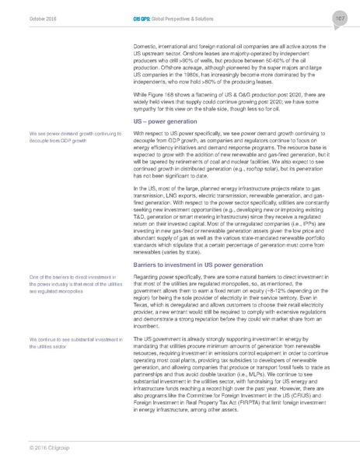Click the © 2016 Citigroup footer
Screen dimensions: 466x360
coord(48,447)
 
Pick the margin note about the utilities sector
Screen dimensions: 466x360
coord(72,344)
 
